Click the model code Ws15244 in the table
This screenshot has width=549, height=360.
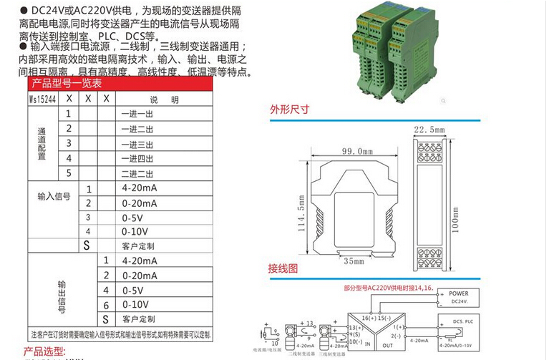(x=42, y=99)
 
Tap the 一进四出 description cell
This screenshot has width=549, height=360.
(x=137, y=158)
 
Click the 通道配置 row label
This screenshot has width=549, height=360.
(x=42, y=143)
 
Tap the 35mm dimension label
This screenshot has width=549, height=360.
(x=354, y=261)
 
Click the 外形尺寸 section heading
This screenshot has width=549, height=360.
(x=289, y=110)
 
